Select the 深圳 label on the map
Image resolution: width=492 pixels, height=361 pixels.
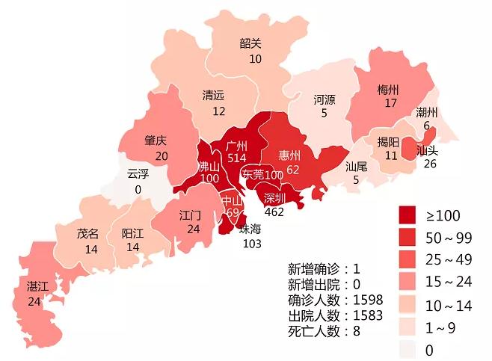point(274,198)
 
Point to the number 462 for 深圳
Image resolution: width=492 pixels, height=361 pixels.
point(274,212)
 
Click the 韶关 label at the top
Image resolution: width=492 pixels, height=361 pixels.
point(250,44)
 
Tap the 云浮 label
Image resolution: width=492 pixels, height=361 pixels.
point(138,175)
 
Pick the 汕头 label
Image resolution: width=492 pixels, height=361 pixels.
point(427,150)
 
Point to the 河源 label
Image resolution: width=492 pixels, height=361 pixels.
point(325,99)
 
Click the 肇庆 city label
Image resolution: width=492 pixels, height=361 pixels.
point(156,141)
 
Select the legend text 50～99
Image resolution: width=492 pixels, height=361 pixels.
point(450,238)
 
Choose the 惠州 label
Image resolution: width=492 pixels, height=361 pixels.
point(289,155)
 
